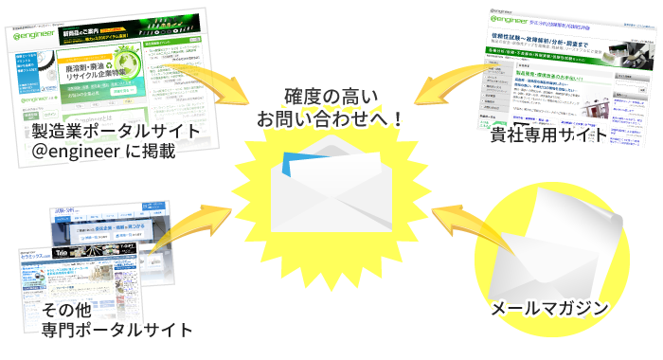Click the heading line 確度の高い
[331, 96]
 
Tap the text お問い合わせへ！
[331, 119]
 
